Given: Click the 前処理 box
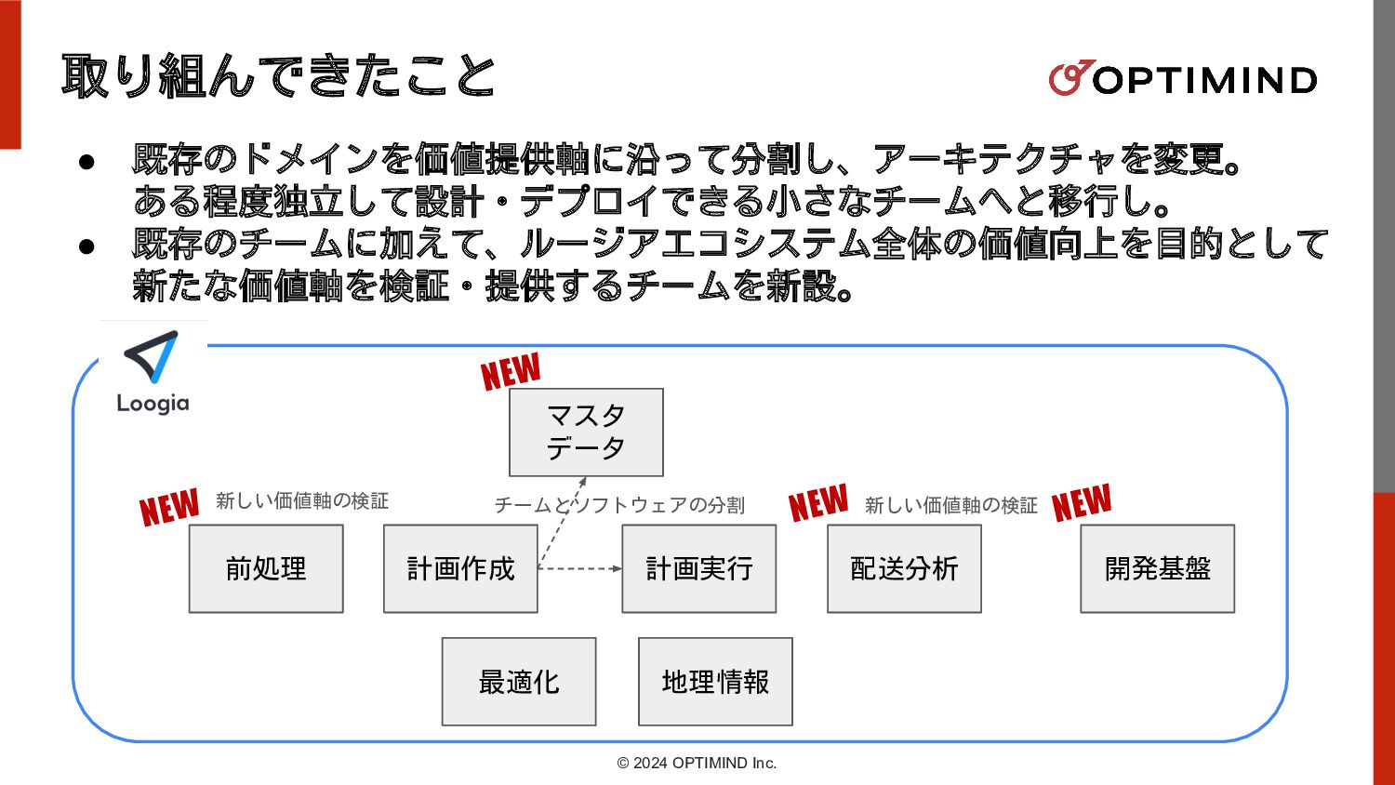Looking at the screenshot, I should (266, 568).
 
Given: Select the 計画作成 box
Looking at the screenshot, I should (460, 568).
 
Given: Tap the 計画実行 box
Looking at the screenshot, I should (698, 568).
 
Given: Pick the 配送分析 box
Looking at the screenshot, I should (904, 568).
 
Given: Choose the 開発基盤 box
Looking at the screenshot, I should (1157, 568).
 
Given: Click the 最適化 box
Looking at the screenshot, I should (519, 682).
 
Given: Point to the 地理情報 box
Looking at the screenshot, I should (715, 682).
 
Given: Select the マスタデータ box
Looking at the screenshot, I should (586, 432).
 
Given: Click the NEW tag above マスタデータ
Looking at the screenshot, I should (511, 372).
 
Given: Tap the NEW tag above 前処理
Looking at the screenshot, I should (169, 508).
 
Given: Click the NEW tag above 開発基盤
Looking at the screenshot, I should (1082, 503).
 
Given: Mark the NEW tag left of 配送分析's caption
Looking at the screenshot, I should (818, 503).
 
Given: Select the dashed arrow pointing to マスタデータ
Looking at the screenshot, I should (563, 521).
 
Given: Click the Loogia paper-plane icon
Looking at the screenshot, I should (153, 357).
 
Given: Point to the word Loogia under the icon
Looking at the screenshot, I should (153, 404).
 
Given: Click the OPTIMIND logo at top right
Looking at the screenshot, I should (1182, 79).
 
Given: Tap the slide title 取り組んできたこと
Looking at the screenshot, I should (278, 76).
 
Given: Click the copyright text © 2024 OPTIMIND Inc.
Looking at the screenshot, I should (697, 763).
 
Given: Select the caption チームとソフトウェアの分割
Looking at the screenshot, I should (619, 505).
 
